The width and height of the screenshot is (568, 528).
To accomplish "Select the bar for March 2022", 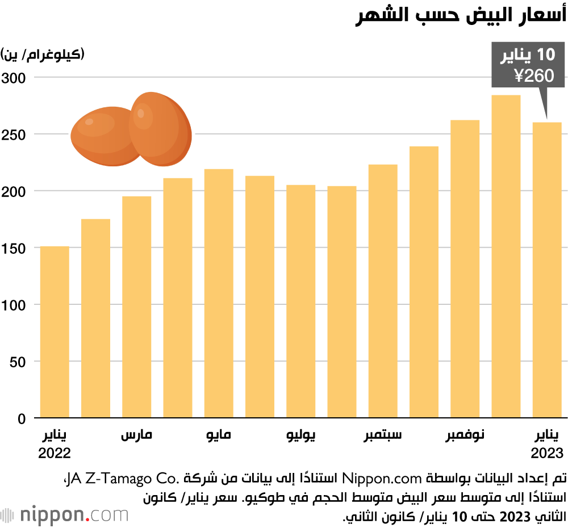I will click(136, 307).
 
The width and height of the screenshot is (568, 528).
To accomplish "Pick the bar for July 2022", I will click(301, 301).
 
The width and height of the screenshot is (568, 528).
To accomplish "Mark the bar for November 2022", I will click(465, 269).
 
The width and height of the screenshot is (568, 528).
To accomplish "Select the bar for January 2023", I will click(547, 270).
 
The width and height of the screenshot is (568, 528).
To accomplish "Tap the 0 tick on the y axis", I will click(22, 419).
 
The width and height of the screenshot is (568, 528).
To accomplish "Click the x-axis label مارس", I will click(136, 436).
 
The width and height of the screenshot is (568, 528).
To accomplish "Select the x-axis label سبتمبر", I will click(383, 436).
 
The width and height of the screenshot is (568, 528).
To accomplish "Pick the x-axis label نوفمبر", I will click(465, 436).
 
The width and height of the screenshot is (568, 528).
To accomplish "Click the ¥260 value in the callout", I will click(533, 76).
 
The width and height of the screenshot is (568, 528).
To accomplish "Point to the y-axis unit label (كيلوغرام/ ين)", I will click(43, 55).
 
